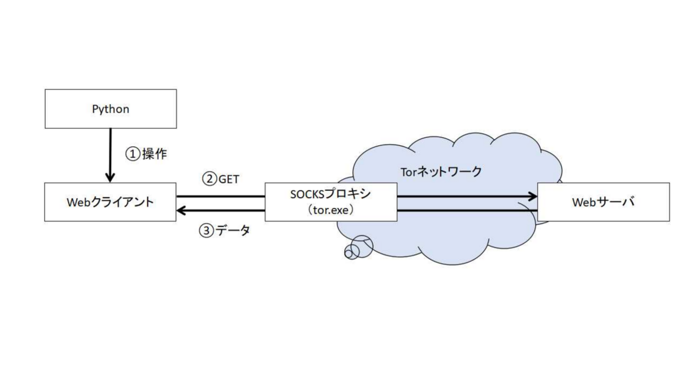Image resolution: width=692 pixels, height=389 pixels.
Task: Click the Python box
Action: (111, 109)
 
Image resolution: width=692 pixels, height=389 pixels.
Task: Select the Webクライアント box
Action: (111, 202)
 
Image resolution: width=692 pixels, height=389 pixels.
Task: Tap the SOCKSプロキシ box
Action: (331, 202)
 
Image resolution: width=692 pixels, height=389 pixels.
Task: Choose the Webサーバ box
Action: (603, 202)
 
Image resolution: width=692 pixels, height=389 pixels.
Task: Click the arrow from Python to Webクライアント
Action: (110, 154)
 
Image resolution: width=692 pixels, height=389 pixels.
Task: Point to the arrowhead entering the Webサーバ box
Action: (532, 196)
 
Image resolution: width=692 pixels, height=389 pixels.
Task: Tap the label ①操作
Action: (146, 154)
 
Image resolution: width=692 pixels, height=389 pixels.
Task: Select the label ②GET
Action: (220, 179)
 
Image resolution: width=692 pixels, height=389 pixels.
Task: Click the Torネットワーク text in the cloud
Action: (440, 171)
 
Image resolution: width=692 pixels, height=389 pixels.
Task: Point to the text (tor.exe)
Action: (331, 210)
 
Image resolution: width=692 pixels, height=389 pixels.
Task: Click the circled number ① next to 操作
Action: (132, 154)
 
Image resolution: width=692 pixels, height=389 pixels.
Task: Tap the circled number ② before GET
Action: (209, 179)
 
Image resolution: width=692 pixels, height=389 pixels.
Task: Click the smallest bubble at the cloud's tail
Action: (349, 254)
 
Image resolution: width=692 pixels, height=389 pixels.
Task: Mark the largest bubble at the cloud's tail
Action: (362, 245)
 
